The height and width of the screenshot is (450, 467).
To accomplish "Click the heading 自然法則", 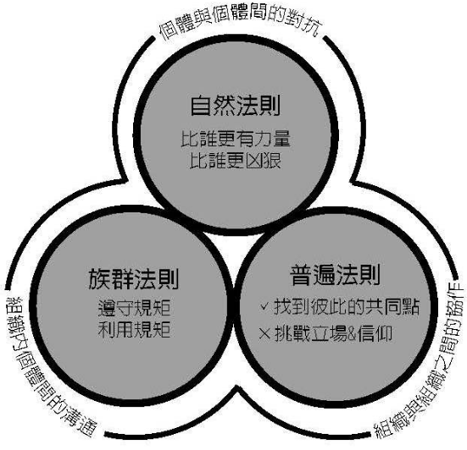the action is pos(236,106).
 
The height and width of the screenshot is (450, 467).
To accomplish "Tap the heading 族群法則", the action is pos(134,279).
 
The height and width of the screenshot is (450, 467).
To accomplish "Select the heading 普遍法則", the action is pos(336,275).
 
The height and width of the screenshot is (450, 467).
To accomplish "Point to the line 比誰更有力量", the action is pos(236,139).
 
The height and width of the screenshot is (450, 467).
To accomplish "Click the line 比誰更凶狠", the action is pos(236,161).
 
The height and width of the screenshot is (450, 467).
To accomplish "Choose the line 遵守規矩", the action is pos(134,308).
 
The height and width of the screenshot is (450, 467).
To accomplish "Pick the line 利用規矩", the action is pos(134,329).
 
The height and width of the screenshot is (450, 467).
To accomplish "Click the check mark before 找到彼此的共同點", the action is pos(264,306).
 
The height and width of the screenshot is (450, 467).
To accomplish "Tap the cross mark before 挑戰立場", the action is pos(264,333).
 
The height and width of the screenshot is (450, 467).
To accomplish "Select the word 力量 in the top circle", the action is pos(272,139).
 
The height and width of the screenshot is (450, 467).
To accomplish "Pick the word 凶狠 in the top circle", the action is pos(263,161).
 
